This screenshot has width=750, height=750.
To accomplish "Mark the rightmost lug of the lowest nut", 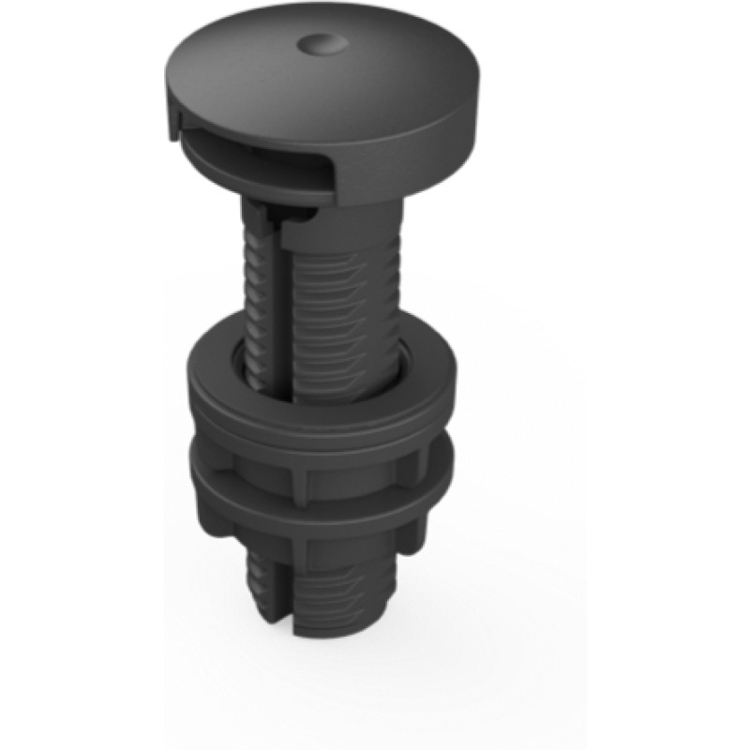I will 412,534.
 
